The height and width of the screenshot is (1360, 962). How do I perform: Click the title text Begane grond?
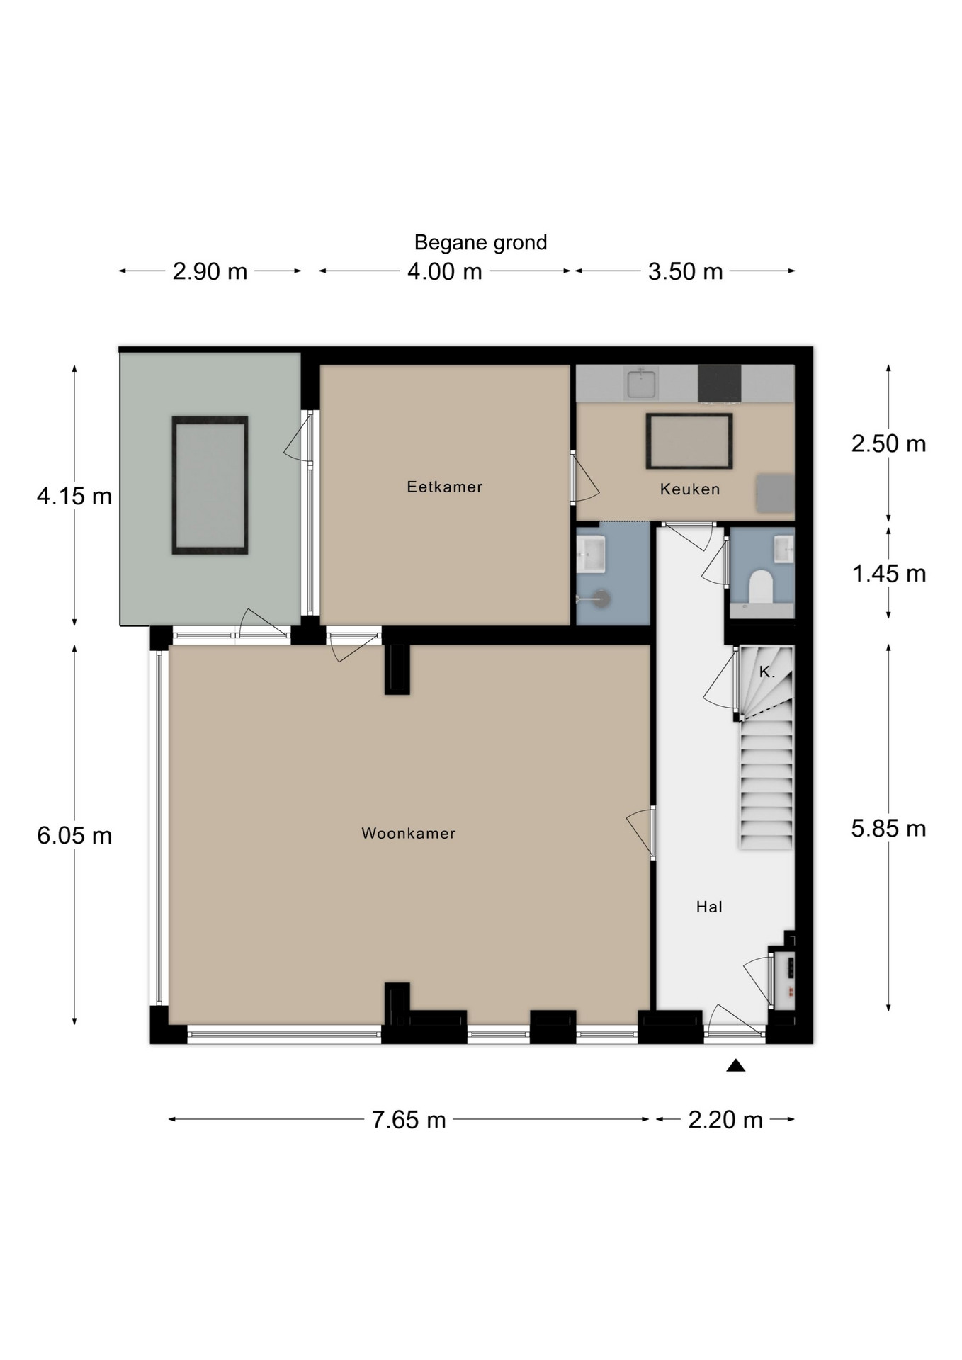click(480, 243)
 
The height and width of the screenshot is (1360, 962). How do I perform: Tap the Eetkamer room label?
click(445, 487)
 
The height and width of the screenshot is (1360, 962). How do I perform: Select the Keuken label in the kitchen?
click(690, 489)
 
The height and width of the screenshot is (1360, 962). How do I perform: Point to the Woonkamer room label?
click(409, 833)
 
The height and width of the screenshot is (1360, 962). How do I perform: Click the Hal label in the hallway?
click(709, 907)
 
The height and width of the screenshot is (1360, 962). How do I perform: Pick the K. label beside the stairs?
click(766, 671)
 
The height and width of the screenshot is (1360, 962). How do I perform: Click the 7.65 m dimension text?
click(409, 1119)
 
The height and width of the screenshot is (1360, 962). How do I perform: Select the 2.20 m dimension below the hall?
click(725, 1119)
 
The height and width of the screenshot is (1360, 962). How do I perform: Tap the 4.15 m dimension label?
click(74, 496)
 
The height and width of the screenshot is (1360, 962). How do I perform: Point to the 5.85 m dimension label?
click(888, 828)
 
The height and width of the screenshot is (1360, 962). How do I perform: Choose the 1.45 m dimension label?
click(888, 573)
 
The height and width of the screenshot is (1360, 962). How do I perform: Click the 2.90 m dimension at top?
click(210, 271)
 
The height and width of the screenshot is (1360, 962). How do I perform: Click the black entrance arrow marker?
click(736, 1065)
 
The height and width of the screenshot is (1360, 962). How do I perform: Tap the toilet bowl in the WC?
click(761, 588)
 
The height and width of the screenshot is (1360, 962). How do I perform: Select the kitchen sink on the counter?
click(641, 382)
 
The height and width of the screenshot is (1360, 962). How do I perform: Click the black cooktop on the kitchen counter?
click(720, 384)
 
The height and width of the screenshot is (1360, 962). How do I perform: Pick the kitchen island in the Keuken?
click(689, 441)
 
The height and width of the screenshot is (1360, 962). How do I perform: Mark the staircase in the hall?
click(766, 747)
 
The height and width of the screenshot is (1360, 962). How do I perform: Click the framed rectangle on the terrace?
click(210, 485)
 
